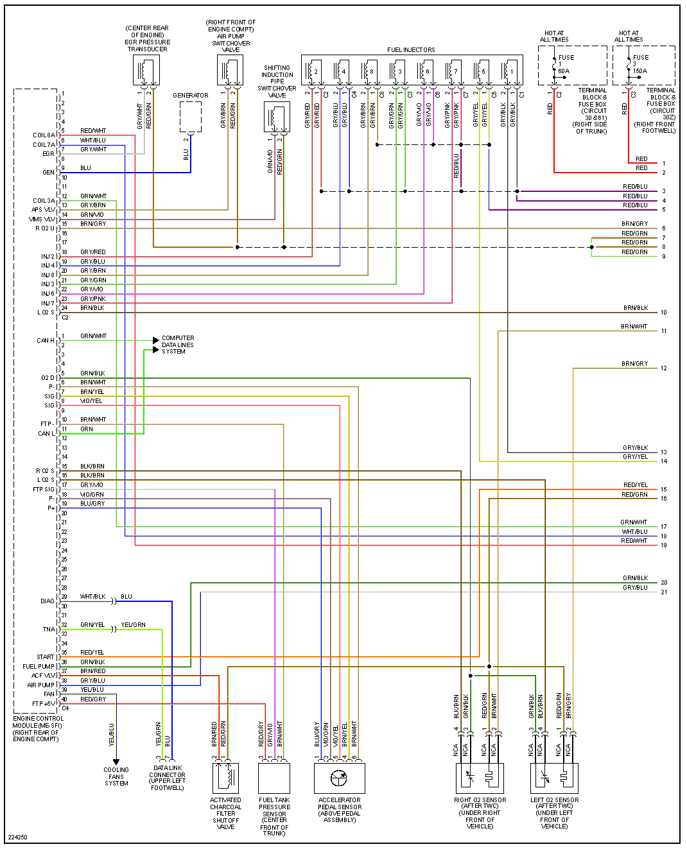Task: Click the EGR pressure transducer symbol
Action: point(146,70)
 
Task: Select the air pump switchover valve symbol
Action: point(230,70)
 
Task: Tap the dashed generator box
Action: point(190,117)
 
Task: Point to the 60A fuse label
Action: point(563,71)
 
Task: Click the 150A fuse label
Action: point(639,71)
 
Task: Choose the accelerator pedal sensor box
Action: point(340,778)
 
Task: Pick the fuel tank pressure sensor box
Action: point(274,778)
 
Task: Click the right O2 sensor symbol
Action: point(480,778)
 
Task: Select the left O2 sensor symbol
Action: point(555,778)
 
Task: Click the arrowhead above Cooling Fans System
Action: point(116,762)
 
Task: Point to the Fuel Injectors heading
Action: point(411,49)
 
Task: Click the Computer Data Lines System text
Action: point(178,345)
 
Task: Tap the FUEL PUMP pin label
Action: point(39,667)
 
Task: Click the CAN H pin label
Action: point(46,341)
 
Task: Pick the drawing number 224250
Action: point(18,837)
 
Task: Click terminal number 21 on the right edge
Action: point(664,592)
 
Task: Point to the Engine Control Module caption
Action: point(38,729)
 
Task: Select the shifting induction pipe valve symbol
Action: point(277,117)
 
